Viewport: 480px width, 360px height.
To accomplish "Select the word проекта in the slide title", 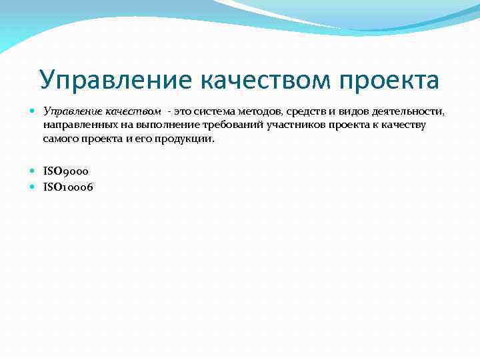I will click(390, 80).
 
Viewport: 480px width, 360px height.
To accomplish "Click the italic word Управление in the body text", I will click(71, 110).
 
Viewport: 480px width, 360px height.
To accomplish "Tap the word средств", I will click(308, 110).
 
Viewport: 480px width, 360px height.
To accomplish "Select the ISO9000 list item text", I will click(65, 172).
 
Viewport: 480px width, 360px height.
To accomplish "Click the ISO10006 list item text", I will click(68, 187).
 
